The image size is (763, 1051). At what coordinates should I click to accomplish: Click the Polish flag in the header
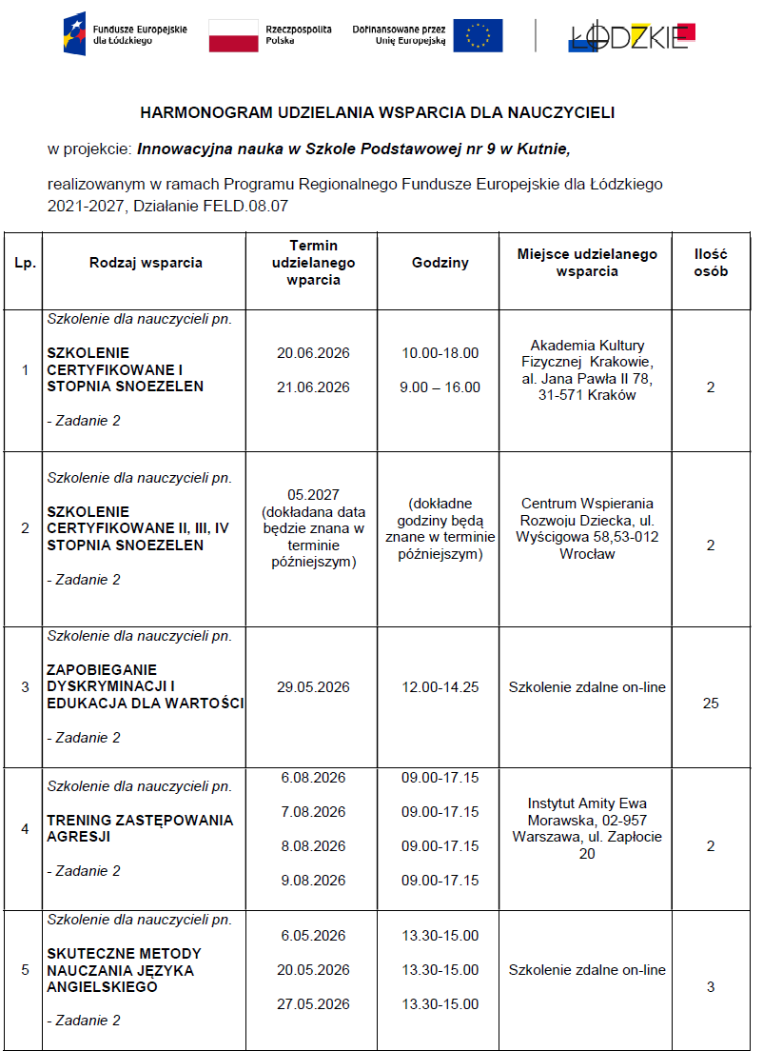(x=233, y=35)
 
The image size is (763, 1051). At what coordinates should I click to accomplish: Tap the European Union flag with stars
(x=478, y=35)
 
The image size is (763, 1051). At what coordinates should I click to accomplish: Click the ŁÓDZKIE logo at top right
(x=632, y=35)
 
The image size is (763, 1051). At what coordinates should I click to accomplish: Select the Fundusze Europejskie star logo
(x=74, y=34)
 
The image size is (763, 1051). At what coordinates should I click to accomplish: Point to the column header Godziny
(x=440, y=264)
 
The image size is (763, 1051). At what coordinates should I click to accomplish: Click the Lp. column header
(x=25, y=264)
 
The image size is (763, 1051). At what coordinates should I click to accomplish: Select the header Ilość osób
(x=711, y=263)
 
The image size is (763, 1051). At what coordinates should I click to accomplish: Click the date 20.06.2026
(x=313, y=353)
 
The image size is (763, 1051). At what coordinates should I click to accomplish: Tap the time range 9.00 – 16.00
(x=440, y=387)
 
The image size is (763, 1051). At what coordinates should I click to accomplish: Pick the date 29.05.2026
(x=313, y=687)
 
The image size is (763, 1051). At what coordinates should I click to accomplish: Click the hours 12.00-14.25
(x=440, y=687)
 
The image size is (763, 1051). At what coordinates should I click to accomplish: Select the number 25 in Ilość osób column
(x=711, y=704)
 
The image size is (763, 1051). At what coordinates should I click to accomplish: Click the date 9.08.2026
(x=313, y=881)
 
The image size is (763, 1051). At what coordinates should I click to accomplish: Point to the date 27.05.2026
(x=313, y=1004)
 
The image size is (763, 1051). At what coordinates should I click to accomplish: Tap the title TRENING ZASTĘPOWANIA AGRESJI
(x=139, y=828)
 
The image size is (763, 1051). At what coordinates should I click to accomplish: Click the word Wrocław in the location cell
(x=587, y=554)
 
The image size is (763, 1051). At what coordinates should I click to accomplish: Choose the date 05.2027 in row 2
(x=313, y=494)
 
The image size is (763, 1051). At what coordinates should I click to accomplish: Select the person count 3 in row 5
(x=711, y=987)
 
